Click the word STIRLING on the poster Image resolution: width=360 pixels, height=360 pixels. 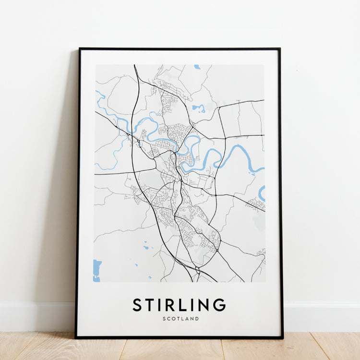point(179,305)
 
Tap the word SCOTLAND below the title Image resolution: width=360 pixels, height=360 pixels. point(180,319)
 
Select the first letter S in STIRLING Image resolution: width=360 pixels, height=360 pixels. point(137,305)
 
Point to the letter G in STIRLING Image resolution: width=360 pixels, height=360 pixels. point(219,305)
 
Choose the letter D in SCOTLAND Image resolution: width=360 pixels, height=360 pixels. point(197,319)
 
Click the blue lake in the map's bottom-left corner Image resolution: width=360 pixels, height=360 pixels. point(97,270)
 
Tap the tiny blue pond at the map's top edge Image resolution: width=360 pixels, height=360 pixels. point(197,67)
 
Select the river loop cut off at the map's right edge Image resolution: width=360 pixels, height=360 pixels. point(262,193)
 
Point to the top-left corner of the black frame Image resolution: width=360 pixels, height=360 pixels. point(80,49)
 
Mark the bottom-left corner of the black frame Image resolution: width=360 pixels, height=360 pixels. point(76,337)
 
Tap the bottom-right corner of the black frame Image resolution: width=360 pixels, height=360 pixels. point(282,337)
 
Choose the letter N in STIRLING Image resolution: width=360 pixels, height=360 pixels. point(204,305)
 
